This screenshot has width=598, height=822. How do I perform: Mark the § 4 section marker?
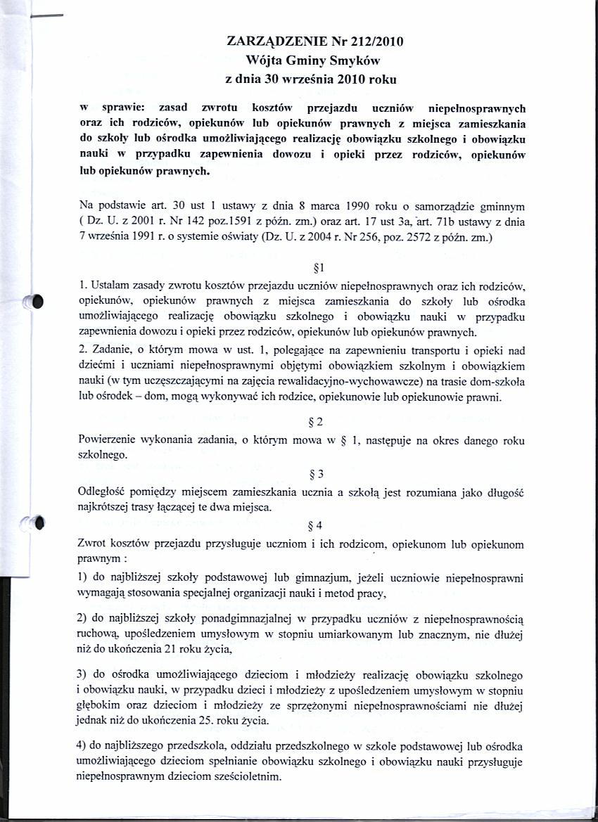tap(316, 525)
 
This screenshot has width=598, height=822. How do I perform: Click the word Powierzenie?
tap(110, 439)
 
